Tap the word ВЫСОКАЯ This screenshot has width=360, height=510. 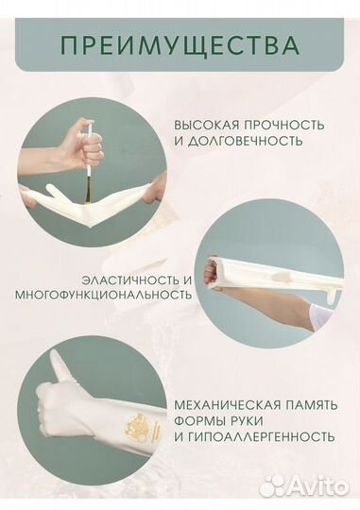pyautogui.click(x=202, y=125)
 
